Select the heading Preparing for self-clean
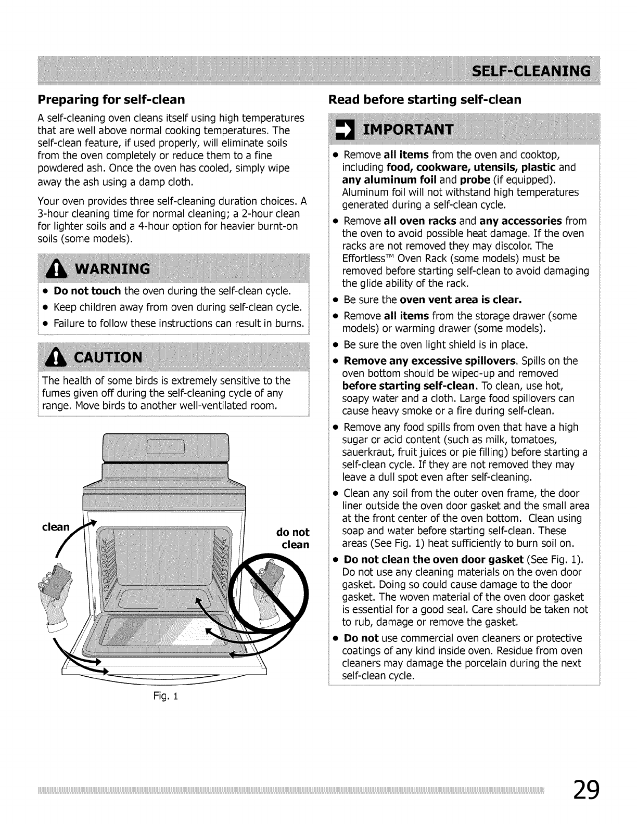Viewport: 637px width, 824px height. [x=111, y=99]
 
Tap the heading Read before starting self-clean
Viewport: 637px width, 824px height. [x=425, y=99]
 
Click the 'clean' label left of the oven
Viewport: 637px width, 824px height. [x=56, y=527]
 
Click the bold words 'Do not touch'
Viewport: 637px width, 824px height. [x=87, y=290]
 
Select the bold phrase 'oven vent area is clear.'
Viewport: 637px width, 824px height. [x=461, y=300]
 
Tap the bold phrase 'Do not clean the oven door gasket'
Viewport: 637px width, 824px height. [x=434, y=560]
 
